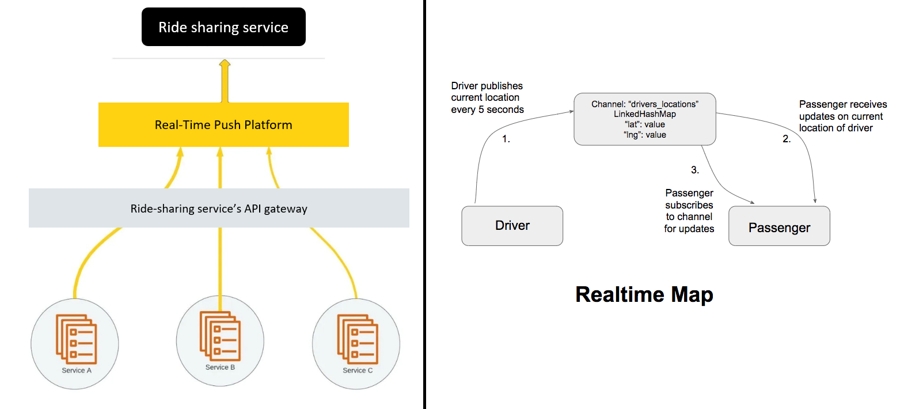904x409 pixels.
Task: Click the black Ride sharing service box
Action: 223,27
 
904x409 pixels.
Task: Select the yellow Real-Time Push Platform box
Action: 223,124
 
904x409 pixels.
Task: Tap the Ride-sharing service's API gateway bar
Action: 219,208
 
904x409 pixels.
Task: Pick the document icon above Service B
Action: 220,336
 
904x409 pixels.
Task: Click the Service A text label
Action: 77,370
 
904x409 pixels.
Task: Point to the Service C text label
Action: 358,370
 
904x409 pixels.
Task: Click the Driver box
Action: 512,226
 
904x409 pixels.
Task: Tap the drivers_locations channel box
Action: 644,119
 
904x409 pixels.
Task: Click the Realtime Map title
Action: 644,294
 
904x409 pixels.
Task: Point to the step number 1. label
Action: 506,139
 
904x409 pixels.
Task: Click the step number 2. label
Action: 787,139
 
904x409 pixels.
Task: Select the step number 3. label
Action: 695,170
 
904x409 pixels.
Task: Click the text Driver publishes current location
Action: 487,97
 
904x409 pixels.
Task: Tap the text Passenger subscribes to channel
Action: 689,211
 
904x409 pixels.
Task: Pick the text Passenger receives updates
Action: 842,116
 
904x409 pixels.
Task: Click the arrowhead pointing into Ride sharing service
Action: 225,63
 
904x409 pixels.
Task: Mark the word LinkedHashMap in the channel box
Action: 644,114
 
